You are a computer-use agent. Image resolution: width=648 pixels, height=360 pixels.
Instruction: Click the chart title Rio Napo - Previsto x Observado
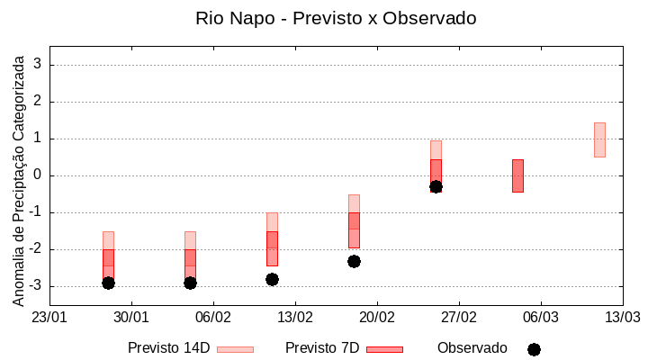click(x=336, y=18)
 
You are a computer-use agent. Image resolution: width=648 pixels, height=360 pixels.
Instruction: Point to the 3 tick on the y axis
click(x=38, y=65)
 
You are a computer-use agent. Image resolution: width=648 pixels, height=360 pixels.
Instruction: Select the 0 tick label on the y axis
click(x=38, y=175)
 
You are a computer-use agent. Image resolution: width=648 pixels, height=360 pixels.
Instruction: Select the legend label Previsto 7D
click(x=322, y=348)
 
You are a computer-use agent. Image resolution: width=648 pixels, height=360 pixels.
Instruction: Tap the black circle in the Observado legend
click(x=534, y=349)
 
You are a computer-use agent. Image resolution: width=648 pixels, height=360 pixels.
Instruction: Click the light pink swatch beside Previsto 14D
click(x=235, y=349)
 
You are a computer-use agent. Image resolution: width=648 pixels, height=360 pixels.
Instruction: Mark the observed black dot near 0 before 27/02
click(x=436, y=186)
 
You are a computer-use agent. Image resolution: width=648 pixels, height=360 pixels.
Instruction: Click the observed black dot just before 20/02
click(x=354, y=261)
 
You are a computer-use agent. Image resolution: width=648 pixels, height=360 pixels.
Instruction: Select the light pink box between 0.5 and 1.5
click(x=599, y=139)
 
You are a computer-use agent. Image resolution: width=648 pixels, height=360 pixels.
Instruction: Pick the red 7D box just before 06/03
click(x=517, y=175)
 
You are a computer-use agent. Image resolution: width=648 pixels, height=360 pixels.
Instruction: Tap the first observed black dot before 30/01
click(x=108, y=283)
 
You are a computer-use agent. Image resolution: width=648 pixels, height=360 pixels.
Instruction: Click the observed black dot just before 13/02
click(x=272, y=279)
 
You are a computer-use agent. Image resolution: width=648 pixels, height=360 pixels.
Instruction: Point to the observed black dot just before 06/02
click(x=190, y=283)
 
